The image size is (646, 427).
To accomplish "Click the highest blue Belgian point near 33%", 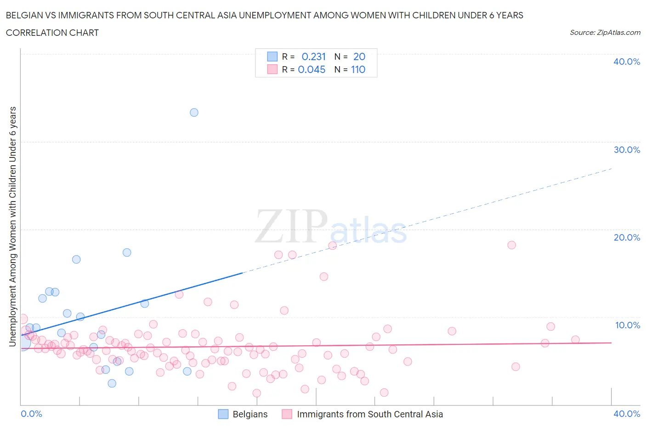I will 194,112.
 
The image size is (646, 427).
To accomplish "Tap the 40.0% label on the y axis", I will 626,62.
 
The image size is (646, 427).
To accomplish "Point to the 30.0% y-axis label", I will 626,150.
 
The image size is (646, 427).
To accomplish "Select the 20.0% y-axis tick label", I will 626,237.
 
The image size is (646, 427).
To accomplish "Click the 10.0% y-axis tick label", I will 627,325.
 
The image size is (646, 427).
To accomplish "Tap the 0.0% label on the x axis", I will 31,414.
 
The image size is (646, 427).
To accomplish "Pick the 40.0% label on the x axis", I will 626,414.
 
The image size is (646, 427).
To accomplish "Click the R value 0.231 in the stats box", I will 313,56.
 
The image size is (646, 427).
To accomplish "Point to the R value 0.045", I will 312,69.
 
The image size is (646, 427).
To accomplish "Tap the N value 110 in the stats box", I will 358,69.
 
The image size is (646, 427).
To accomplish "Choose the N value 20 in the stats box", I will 359,56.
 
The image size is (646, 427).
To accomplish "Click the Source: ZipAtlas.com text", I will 605,33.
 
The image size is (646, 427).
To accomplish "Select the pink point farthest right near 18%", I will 511,245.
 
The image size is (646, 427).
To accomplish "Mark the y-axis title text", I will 12,226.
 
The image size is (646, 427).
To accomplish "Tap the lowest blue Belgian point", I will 112,383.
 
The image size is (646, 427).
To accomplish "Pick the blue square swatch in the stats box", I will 272,56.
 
